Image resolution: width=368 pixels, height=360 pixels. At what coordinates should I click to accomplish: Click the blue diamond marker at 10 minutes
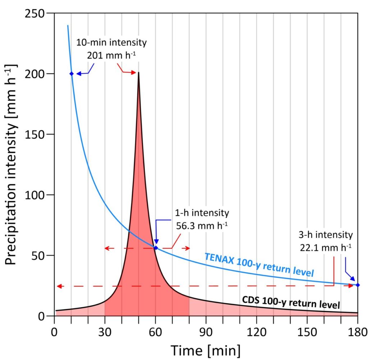pyautogui.click(x=71, y=74)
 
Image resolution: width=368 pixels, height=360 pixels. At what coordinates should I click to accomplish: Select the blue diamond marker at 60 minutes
pyautogui.click(x=156, y=248)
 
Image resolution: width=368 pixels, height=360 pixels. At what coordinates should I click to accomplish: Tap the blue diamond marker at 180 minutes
pyautogui.click(x=358, y=285)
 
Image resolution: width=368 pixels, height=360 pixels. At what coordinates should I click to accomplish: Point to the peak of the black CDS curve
pyautogui.click(x=139, y=73)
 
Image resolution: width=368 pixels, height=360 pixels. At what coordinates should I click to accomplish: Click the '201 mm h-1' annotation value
pyautogui.click(x=111, y=55)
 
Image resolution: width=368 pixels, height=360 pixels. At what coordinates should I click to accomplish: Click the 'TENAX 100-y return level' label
pyautogui.click(x=259, y=265)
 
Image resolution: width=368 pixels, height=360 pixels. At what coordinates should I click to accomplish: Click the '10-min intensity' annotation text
pyautogui.click(x=111, y=43)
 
